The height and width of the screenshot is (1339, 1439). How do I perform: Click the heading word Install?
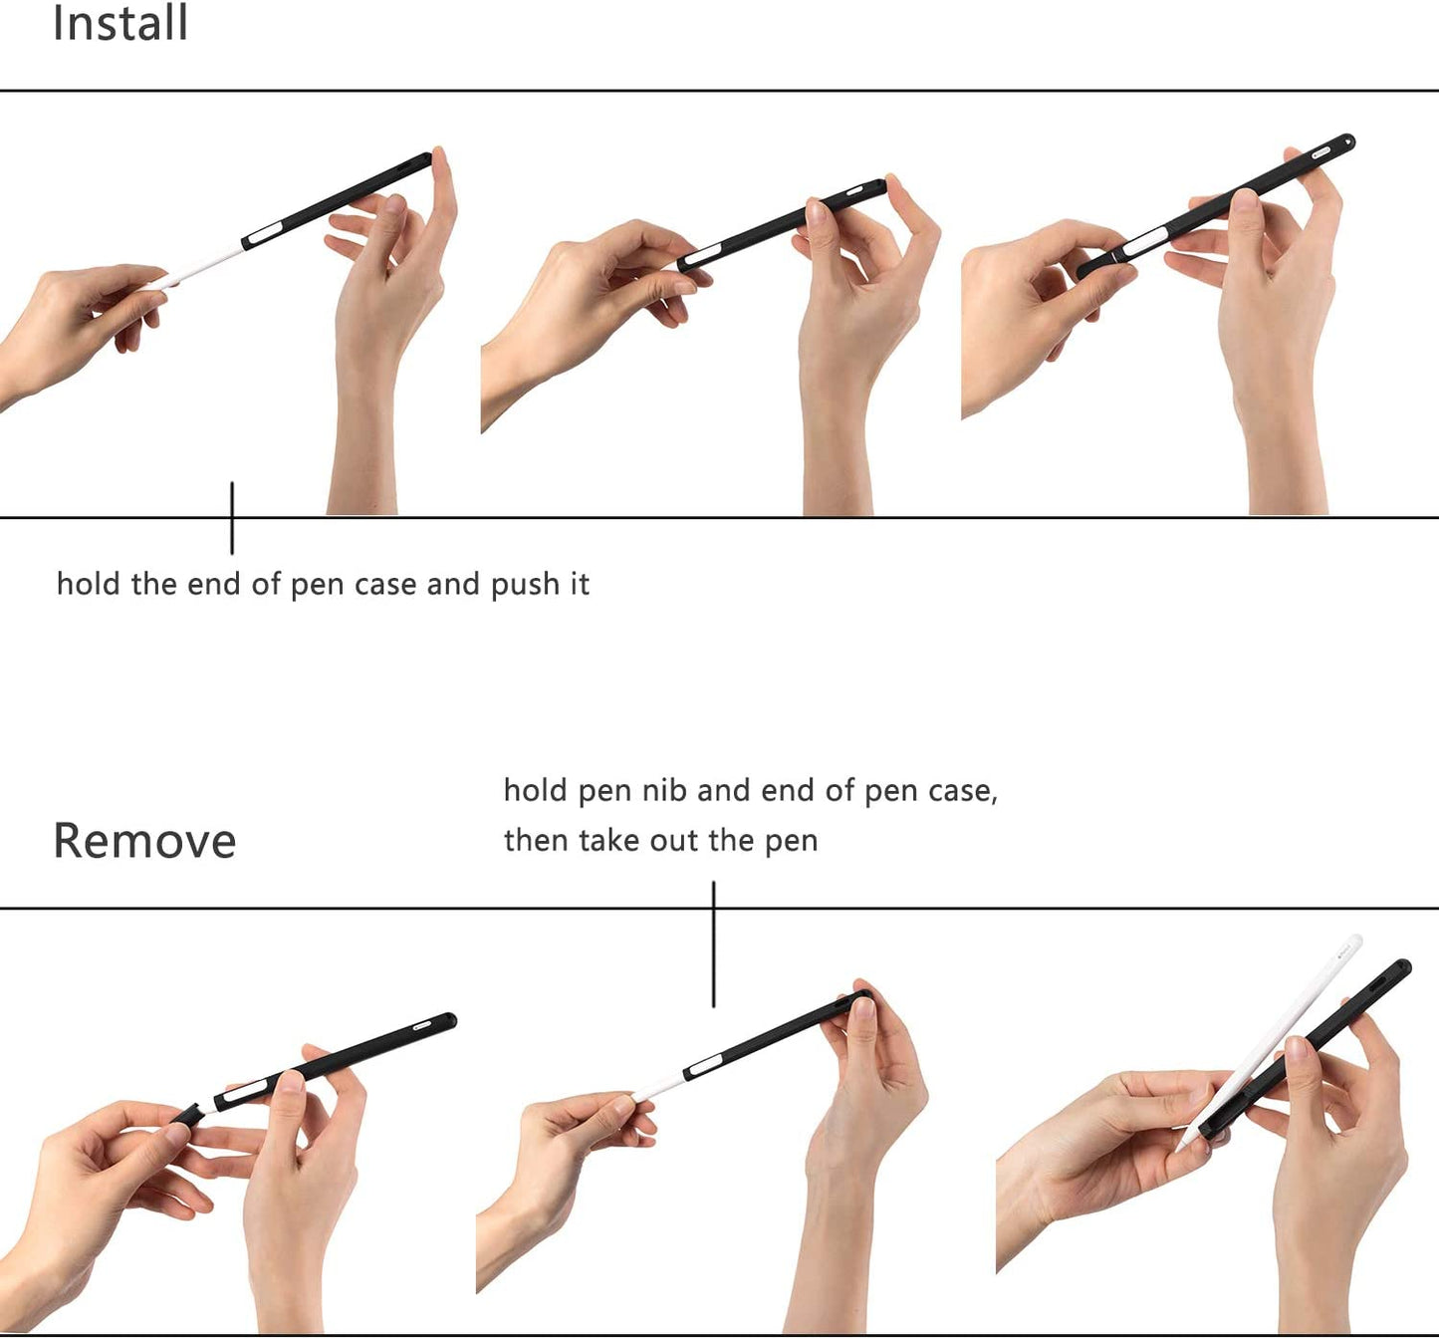[120, 23]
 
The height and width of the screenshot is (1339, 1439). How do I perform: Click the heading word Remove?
[145, 841]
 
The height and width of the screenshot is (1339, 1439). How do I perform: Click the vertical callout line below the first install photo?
[232, 518]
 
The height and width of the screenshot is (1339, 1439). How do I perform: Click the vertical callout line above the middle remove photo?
[714, 943]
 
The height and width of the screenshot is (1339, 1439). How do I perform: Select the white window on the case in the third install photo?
[1145, 243]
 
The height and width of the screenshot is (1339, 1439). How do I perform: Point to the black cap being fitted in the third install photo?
[1098, 265]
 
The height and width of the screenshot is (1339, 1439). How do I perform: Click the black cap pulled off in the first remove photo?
[186, 1114]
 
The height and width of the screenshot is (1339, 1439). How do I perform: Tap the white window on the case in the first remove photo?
[245, 1090]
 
